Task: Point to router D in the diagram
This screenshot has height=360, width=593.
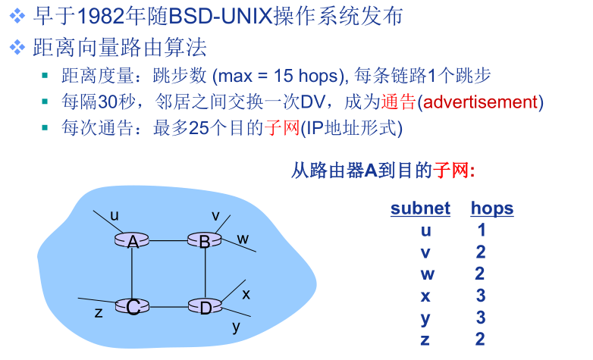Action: pyautogui.click(x=205, y=306)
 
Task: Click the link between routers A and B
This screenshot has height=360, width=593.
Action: pyautogui.click(x=169, y=241)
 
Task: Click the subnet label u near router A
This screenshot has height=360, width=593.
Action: pyautogui.click(x=115, y=215)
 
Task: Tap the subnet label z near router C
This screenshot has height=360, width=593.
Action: pyautogui.click(x=98, y=311)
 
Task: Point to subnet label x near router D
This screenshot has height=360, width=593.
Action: pyautogui.click(x=246, y=293)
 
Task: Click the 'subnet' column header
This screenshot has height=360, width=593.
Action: pyautogui.click(x=420, y=208)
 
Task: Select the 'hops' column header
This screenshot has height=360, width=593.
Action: pyautogui.click(x=491, y=208)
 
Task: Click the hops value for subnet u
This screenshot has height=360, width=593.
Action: pyautogui.click(x=481, y=230)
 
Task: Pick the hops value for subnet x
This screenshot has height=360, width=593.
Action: pyautogui.click(x=481, y=296)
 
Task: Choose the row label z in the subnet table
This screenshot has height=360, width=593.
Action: pyautogui.click(x=425, y=339)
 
